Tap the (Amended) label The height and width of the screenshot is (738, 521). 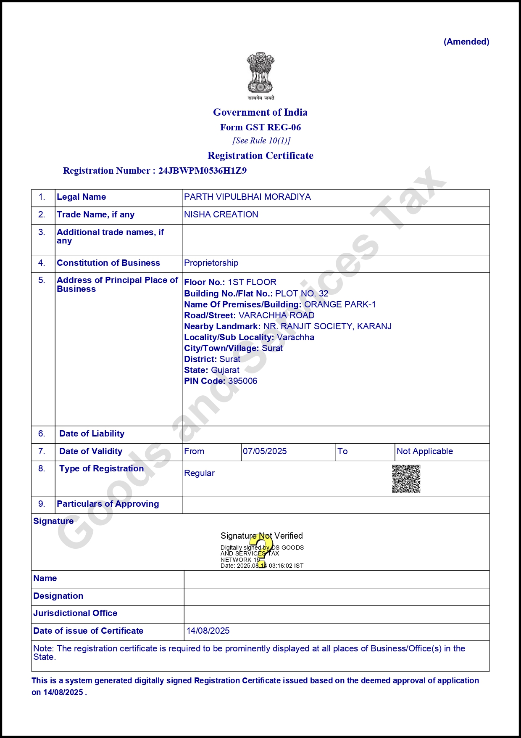click(466, 42)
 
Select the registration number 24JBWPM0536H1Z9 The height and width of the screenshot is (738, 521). click(202, 171)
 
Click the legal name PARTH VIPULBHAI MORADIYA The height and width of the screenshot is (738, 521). click(247, 197)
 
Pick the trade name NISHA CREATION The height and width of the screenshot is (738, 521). click(221, 214)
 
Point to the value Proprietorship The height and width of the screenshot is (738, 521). click(211, 263)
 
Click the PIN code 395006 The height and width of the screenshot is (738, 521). click(242, 381)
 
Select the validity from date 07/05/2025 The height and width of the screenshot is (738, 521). click(265, 451)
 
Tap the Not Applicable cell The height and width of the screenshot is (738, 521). click(424, 451)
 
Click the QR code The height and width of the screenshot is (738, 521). click(406, 479)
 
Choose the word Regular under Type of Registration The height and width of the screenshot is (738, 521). click(199, 473)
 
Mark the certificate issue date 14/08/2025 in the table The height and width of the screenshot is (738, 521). click(208, 631)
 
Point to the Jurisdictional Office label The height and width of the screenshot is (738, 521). click(75, 613)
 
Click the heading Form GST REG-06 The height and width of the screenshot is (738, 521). click(260, 127)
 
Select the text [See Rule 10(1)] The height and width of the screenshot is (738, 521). click(261, 140)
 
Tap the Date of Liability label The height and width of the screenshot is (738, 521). click(92, 434)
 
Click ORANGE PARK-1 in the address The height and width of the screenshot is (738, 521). click(340, 304)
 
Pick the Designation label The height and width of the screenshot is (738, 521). click(58, 596)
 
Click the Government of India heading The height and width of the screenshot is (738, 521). click(260, 112)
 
